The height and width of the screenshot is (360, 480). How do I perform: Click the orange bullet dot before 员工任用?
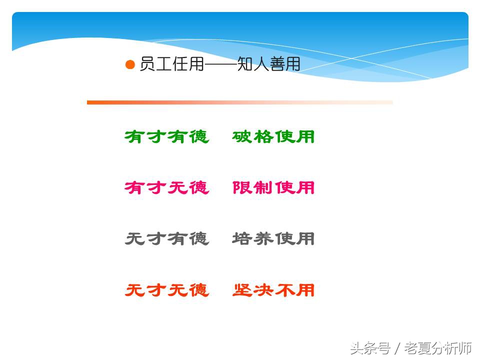click(130, 65)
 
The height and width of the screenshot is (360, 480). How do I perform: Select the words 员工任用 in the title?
click(171, 65)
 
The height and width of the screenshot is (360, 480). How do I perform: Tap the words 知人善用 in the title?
click(268, 65)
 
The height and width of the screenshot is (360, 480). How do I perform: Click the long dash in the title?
click(220, 65)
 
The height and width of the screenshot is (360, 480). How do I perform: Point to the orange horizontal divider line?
click(240, 102)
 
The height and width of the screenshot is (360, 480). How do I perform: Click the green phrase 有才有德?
click(166, 136)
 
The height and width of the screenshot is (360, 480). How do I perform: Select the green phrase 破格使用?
click(273, 136)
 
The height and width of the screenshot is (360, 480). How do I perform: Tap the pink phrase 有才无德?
click(166, 187)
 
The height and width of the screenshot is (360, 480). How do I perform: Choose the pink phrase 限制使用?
click(273, 187)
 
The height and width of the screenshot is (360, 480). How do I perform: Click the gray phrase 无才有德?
click(166, 239)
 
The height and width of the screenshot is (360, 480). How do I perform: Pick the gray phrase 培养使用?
click(273, 239)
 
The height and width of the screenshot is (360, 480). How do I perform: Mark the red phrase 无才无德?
click(166, 290)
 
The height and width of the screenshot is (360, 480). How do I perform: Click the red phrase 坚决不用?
click(273, 290)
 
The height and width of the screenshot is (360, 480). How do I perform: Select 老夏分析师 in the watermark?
click(438, 347)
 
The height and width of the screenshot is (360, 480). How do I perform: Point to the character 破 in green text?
click(242, 136)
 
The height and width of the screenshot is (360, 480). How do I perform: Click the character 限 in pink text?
click(242, 187)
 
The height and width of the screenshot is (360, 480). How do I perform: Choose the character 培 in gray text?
click(242, 239)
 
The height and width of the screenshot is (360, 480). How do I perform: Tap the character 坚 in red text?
click(242, 290)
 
